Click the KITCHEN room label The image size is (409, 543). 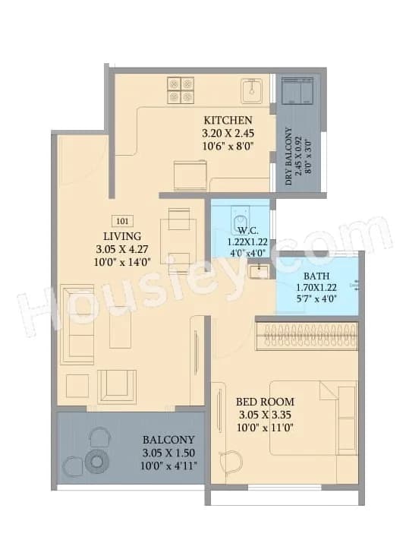[x=228, y=120]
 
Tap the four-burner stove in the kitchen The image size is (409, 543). [x=181, y=90]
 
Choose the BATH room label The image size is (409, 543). [x=316, y=276]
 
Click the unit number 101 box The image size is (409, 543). [x=121, y=221]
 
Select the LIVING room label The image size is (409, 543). [x=122, y=236]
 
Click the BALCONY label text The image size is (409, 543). [x=168, y=440]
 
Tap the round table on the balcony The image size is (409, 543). [x=97, y=462]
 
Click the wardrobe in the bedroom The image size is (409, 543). [x=307, y=336]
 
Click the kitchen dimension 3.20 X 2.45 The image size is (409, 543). [x=228, y=133]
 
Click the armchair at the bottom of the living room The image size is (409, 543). [x=117, y=386]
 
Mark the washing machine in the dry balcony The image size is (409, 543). [x=297, y=90]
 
